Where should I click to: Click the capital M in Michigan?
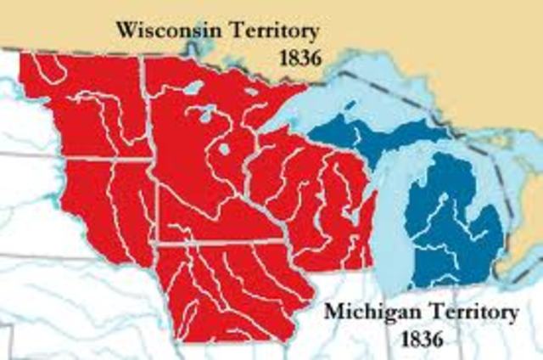(x=333, y=313)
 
